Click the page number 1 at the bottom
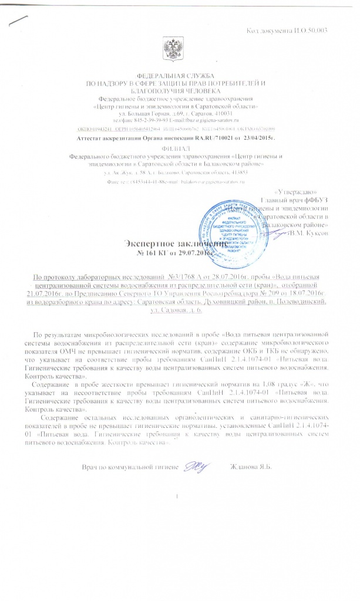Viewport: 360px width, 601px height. [x=177, y=499]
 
